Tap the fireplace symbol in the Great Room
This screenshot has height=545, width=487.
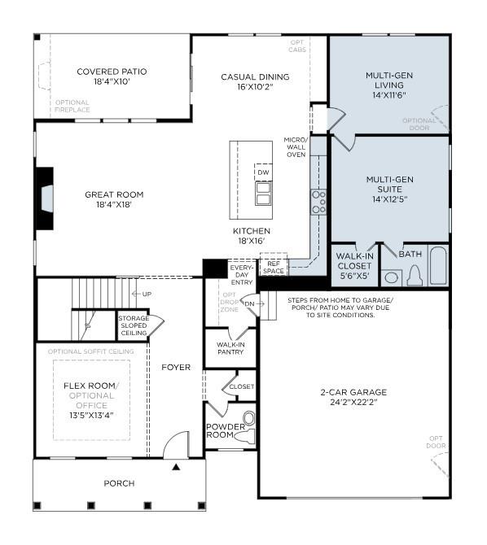pyautogui.click(x=46, y=197)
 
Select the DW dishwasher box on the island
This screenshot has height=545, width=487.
pyautogui.click(x=262, y=173)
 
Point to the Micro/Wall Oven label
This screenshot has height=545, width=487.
pyautogui.click(x=295, y=147)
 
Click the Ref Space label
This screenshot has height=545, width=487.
pyautogui.click(x=273, y=267)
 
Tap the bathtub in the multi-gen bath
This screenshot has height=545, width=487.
pyautogui.click(x=439, y=268)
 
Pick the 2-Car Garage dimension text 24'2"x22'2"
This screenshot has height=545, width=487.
pyautogui.click(x=353, y=402)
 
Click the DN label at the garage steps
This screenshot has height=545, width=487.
pyautogui.click(x=249, y=303)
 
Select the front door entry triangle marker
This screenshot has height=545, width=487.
pyautogui.click(x=174, y=466)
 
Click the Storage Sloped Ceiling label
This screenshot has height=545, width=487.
pyautogui.click(x=134, y=325)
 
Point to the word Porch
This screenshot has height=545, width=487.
pyautogui.click(x=119, y=483)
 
